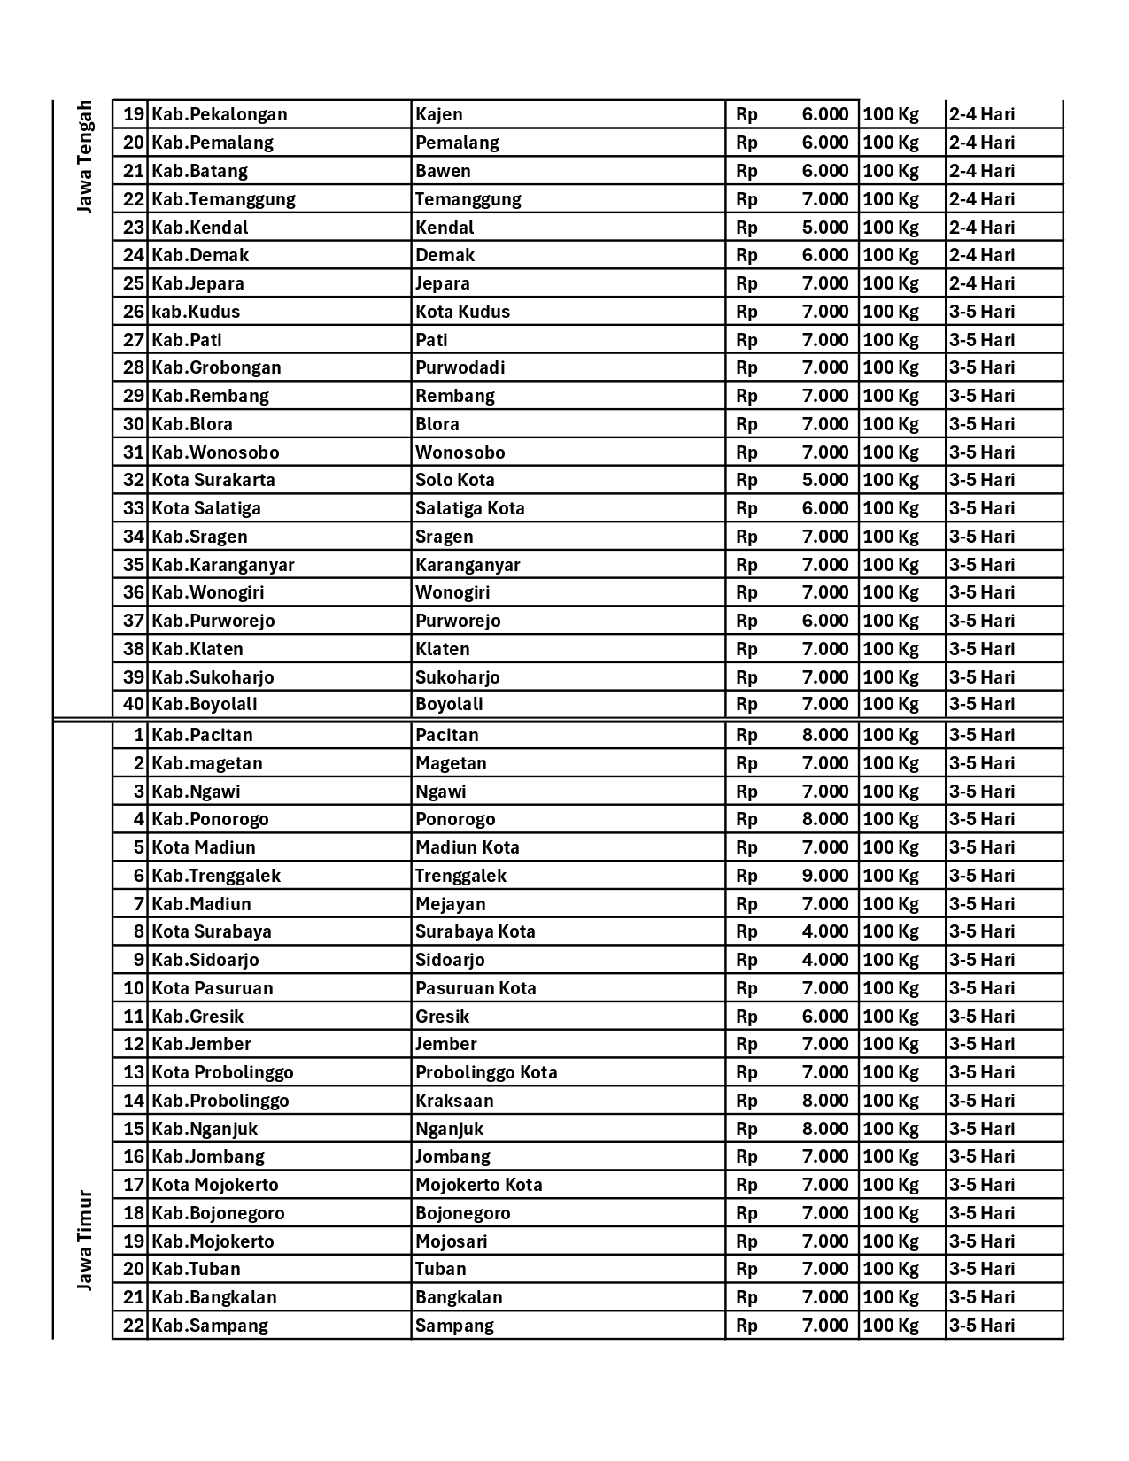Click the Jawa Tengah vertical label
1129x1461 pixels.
(84, 157)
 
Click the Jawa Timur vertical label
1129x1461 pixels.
(84, 1241)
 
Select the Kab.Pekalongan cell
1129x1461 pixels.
(220, 114)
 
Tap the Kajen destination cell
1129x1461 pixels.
(439, 114)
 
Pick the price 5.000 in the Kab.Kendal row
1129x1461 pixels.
(824, 228)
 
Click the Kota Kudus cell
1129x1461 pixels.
(463, 312)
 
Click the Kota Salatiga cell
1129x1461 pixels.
(206, 508)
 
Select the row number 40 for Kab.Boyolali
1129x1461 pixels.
(133, 705)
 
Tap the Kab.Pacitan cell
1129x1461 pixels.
(203, 735)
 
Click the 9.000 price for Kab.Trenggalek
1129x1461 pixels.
(824, 876)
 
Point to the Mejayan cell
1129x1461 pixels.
(451, 904)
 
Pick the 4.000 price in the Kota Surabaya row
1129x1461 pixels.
(824, 931)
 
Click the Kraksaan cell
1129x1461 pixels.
(454, 1101)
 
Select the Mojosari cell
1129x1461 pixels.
(452, 1241)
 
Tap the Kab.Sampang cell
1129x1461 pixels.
(210, 1326)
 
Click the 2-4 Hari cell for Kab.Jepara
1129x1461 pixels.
(982, 283)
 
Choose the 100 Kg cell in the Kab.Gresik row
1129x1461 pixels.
(891, 1017)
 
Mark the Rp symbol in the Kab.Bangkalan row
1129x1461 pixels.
(746, 1297)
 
